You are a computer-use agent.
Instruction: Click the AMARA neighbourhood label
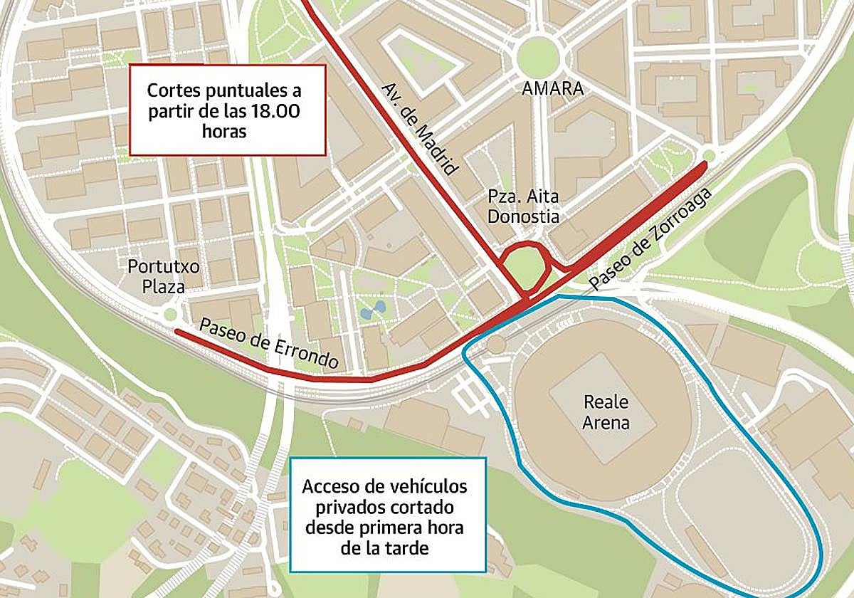552,89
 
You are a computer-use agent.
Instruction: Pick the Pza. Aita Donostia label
524,206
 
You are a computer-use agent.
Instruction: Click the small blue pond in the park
374,310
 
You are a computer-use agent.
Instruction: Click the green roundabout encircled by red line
525,267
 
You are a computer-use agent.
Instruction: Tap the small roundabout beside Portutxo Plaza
170,314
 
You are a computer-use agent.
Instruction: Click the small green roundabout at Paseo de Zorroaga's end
708,156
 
